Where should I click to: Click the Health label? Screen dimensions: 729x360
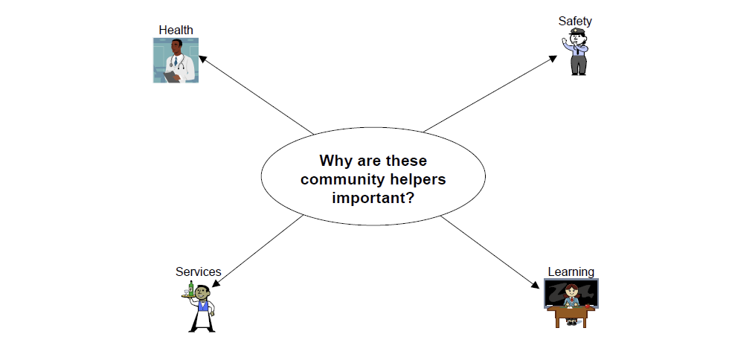coord(176,30)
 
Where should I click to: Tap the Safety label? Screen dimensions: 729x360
coord(575,21)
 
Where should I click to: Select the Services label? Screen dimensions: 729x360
coord(199,271)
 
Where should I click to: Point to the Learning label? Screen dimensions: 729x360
coord(571,271)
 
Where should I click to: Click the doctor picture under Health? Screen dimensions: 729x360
coord(176,60)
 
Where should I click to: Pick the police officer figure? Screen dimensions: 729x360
coord(576,51)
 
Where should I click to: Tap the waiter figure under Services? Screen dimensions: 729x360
coord(199,306)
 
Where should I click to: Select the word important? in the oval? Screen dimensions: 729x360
coord(373,198)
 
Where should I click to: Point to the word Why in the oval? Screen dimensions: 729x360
coord(336,161)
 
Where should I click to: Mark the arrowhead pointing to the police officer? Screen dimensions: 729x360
coord(553,58)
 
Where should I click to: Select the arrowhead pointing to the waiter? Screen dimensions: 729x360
coord(215,283)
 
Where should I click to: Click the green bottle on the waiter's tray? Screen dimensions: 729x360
coord(190,288)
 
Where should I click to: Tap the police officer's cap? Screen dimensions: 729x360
coord(577,32)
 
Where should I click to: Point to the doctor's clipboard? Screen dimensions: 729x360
coord(172,77)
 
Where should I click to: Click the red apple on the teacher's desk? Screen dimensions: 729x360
coord(587,306)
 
